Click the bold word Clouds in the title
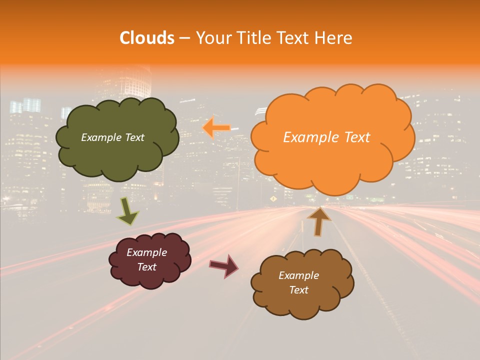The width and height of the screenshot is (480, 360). (146, 38)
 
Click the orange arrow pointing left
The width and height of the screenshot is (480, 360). (216, 128)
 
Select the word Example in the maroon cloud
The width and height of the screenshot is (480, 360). (146, 252)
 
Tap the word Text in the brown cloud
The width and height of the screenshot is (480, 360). (298, 290)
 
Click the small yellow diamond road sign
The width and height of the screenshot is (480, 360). (273, 198)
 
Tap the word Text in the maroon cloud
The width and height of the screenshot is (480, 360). (146, 267)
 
